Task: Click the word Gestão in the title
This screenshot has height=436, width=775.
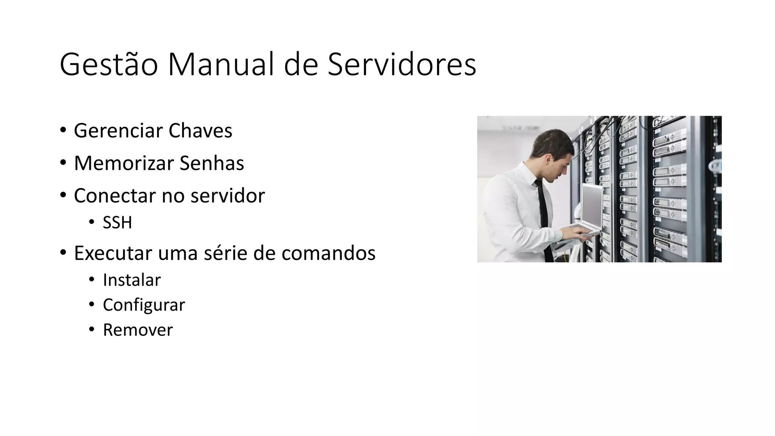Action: pos(109,65)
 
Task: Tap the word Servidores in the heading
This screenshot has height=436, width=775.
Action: pos(402,65)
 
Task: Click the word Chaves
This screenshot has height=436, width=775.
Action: pos(200,131)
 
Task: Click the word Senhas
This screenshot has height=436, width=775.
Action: pos(212,163)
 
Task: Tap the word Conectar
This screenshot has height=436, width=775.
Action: pos(115,196)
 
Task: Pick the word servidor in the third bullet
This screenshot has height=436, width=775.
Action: pos(228,196)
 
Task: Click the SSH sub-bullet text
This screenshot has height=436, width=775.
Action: pos(117,223)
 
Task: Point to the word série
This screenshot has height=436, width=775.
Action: pos(225,253)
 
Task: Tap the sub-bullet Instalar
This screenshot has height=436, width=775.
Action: pos(132,280)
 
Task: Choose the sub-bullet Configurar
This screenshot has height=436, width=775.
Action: pos(144,305)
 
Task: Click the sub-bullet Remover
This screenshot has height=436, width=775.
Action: pos(138,330)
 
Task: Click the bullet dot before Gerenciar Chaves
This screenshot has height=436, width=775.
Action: pos(63,131)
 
